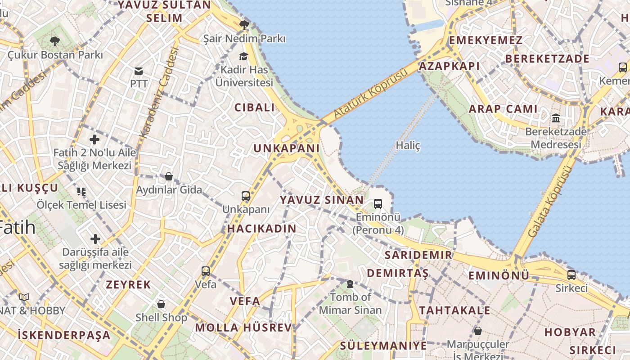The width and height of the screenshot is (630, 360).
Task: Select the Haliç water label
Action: (x=408, y=145)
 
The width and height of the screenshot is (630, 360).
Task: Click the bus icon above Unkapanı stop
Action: (x=246, y=196)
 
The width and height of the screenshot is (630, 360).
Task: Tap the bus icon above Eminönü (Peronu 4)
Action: (x=378, y=204)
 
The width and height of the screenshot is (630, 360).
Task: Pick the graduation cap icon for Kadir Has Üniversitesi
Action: (x=243, y=56)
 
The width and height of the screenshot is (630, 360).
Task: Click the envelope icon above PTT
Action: (x=139, y=71)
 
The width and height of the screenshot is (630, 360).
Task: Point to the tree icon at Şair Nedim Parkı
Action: (x=244, y=25)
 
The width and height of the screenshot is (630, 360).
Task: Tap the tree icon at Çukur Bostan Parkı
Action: (x=55, y=42)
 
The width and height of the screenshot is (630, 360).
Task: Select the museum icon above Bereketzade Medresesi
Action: (x=556, y=118)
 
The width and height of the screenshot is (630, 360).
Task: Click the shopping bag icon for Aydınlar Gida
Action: (x=169, y=176)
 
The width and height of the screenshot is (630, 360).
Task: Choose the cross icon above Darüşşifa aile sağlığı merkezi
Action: (x=95, y=238)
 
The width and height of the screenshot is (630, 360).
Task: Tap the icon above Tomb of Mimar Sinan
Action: (x=350, y=284)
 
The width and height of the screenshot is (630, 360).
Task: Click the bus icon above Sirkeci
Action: (x=571, y=274)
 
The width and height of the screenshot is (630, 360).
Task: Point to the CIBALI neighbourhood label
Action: (x=254, y=108)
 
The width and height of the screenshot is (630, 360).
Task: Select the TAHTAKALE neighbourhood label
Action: (x=454, y=310)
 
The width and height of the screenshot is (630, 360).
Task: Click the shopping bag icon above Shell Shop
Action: (x=161, y=305)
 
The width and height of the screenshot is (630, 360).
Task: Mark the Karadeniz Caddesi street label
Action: (x=160, y=92)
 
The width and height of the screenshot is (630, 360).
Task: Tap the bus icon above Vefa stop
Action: (x=206, y=271)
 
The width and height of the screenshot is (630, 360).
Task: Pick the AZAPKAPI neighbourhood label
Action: (x=449, y=66)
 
